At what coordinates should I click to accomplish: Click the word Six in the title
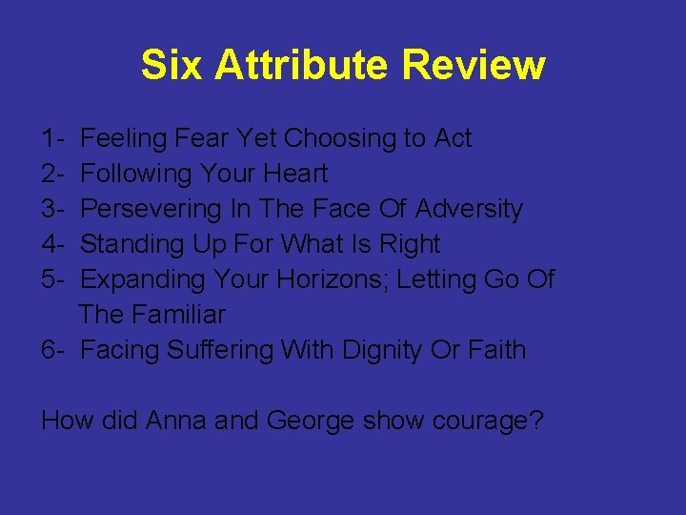pyautogui.click(x=172, y=66)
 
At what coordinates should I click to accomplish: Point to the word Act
pyautogui.click(x=453, y=138)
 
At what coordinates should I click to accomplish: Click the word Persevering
pyautogui.click(x=148, y=209)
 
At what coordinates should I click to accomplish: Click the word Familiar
pyautogui.click(x=182, y=315)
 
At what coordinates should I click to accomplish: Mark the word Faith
pyautogui.click(x=496, y=350)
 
